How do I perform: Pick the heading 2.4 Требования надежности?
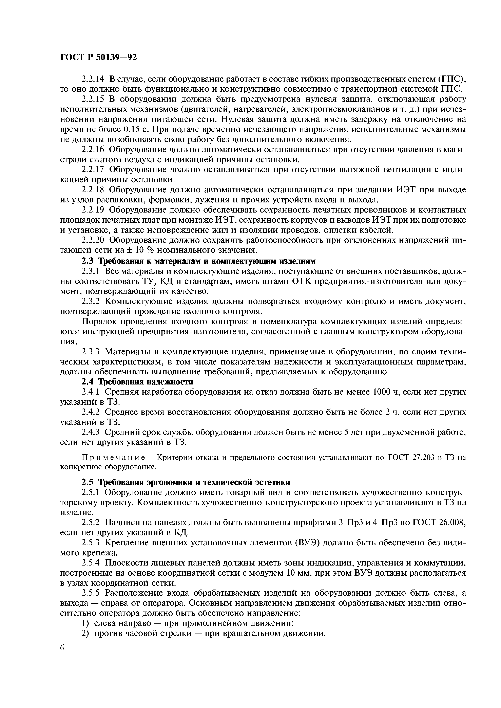pos(137,382)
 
